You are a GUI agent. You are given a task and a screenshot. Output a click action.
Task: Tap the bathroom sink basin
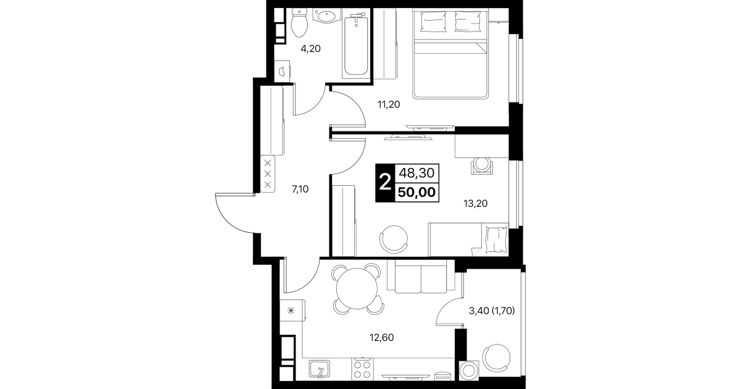point(326,15)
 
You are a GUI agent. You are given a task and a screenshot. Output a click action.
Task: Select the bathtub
point(356,45)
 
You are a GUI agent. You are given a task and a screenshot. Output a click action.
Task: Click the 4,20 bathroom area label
point(310,49)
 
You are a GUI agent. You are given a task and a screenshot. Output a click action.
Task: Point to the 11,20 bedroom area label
point(389,104)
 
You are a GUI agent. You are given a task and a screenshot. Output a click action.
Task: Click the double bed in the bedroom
point(450,53)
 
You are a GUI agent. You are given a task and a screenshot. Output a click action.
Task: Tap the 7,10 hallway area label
point(300,190)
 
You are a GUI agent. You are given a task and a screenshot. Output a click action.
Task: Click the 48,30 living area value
point(417,173)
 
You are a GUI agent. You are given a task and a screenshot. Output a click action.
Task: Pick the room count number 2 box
point(385,183)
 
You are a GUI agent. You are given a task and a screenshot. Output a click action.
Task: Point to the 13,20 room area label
point(475,203)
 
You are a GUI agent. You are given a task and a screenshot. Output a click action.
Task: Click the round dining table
point(357,288)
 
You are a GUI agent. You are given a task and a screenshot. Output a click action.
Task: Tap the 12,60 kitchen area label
point(382,338)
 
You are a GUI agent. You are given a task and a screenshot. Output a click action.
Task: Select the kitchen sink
point(319,369)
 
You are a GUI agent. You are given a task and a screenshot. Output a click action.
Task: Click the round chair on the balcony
point(496,358)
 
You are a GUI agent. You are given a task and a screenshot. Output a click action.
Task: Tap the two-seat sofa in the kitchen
point(421,277)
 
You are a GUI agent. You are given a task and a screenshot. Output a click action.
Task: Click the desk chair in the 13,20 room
point(482,165)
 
